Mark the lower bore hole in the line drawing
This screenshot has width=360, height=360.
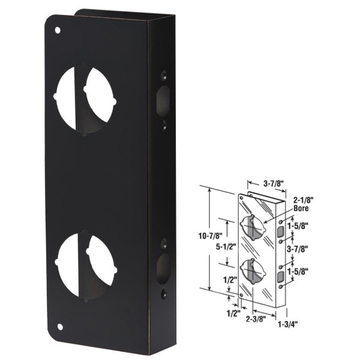point(253,269)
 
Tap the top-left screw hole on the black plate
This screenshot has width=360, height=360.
point(58,29)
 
